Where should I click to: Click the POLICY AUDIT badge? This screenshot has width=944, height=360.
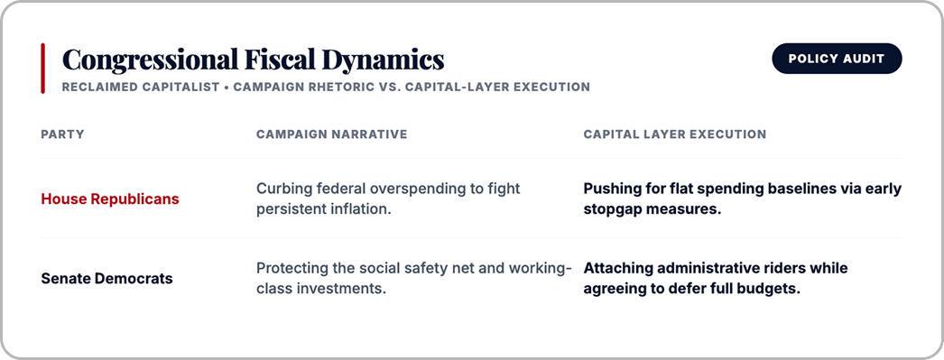[x=837, y=59]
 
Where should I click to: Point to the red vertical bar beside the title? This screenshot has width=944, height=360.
[x=42, y=68]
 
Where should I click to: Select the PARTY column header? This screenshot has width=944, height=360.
[x=62, y=134]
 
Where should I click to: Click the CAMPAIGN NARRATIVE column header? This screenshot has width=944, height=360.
[x=332, y=134]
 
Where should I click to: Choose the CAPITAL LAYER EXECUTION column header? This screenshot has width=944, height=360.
[x=675, y=134]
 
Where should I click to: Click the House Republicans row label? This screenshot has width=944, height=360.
[x=110, y=199]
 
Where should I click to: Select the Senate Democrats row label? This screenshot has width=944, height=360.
[x=106, y=279]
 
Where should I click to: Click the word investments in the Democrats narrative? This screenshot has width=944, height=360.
[x=344, y=289]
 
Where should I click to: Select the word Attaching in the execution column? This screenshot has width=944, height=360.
[x=613, y=269]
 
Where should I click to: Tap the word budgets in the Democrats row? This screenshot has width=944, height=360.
[x=773, y=289]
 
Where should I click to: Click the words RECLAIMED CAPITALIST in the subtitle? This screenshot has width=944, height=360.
[x=141, y=87]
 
